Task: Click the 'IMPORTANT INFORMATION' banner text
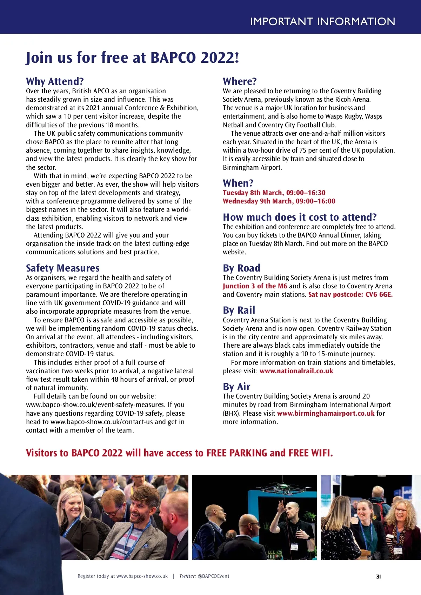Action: tap(322, 21)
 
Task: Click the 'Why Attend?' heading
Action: tap(55, 81)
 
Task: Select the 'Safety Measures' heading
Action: tap(62, 268)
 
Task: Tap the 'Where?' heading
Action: tap(240, 81)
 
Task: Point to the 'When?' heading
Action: tap(238, 183)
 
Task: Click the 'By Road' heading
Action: tap(241, 268)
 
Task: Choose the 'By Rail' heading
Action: tap(239, 310)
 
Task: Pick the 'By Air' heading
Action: tap(236, 387)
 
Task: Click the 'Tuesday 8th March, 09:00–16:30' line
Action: tap(274, 193)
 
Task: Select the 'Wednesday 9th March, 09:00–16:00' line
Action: tap(279, 201)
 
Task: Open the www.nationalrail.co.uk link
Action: tap(296, 371)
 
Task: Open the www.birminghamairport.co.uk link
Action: tap(326, 413)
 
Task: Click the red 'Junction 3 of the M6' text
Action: tap(255, 286)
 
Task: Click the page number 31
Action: tap(378, 576)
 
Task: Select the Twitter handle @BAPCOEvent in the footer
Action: tap(213, 576)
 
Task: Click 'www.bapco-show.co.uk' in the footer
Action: tap(142, 576)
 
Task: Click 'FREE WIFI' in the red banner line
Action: tap(310, 453)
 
